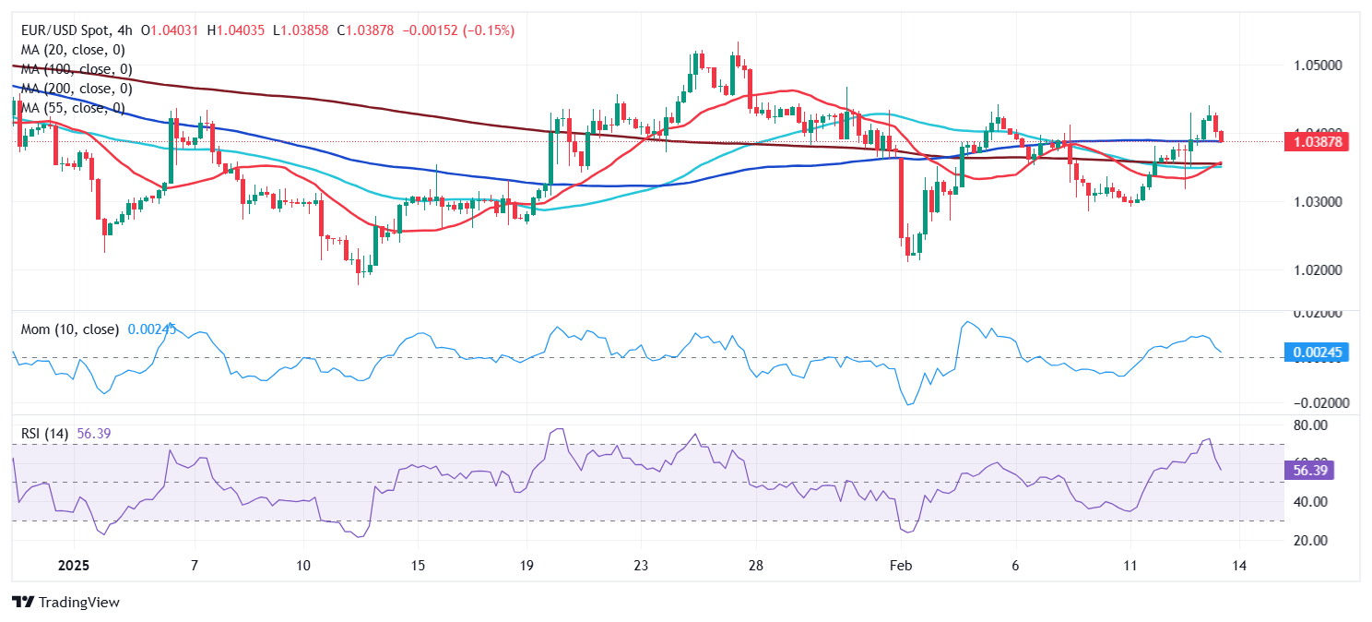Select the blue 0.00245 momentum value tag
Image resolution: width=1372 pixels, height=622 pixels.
click(x=1316, y=352)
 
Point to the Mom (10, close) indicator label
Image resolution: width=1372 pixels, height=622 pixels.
click(x=69, y=329)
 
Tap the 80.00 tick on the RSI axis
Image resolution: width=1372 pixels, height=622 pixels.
click(x=1310, y=425)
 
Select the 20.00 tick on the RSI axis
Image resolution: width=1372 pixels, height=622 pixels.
click(x=1310, y=541)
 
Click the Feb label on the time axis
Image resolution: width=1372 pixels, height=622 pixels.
click(x=901, y=566)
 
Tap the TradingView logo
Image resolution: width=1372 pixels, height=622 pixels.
click(x=65, y=603)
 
